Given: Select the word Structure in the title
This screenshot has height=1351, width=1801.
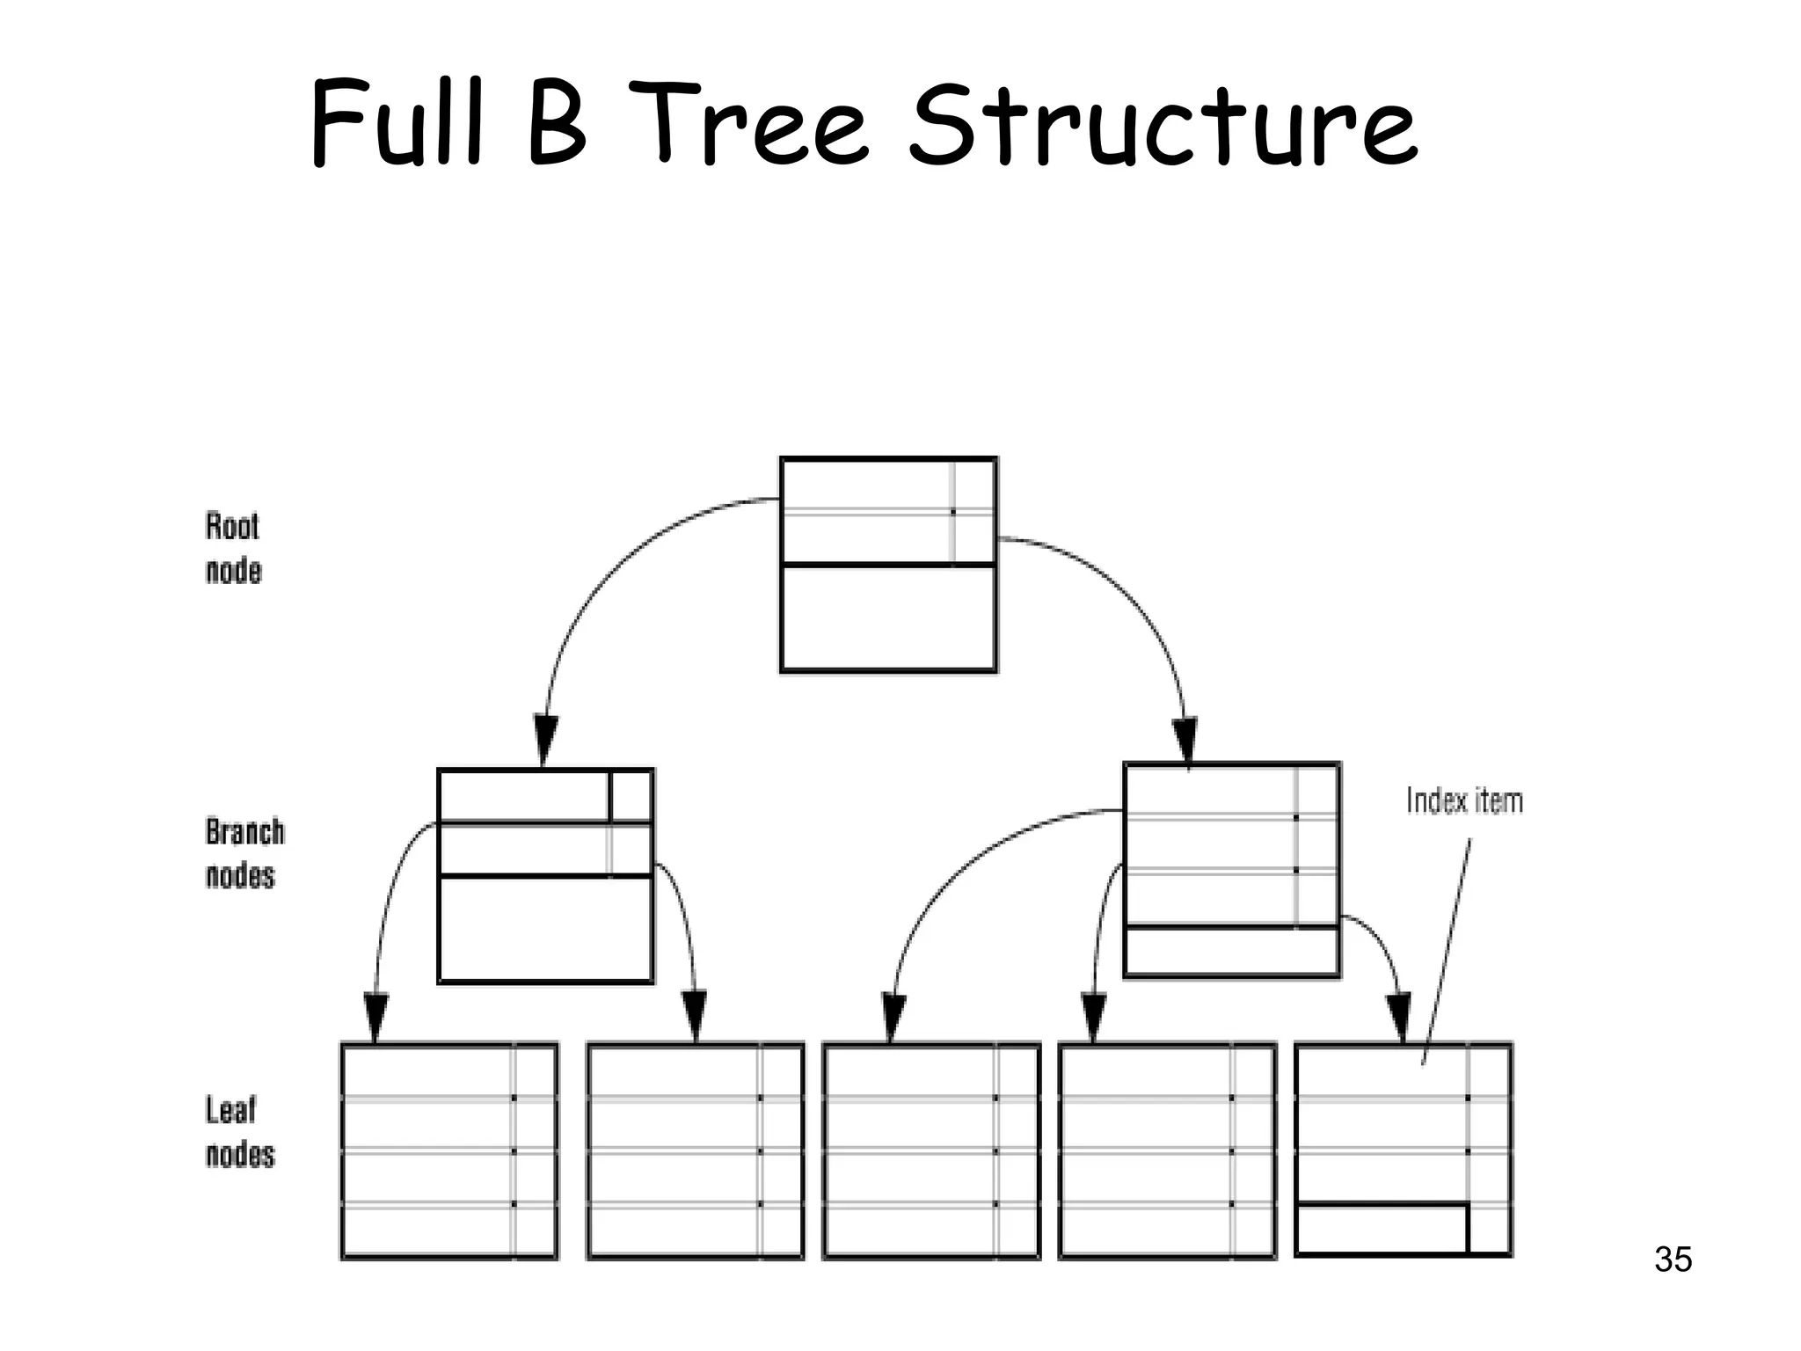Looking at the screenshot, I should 1163,125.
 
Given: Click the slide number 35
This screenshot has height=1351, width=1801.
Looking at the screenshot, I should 1672,1260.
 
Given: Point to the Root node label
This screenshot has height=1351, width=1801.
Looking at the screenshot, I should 233,548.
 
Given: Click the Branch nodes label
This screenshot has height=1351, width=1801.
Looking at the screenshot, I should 244,853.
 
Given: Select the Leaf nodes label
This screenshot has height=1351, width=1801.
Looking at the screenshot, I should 239,1131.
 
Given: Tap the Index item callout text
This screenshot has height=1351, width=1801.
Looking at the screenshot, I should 1464,801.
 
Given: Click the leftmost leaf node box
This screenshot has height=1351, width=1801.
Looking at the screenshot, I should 448,1151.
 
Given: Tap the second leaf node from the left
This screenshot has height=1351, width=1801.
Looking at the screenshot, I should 695,1151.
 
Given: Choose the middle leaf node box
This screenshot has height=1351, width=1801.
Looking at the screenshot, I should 931,1151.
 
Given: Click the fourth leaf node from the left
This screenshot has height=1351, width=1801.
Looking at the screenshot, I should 1167,1151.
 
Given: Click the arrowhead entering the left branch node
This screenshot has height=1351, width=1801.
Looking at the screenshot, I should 546,739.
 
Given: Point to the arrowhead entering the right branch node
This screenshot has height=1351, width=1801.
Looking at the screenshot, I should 1185,739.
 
